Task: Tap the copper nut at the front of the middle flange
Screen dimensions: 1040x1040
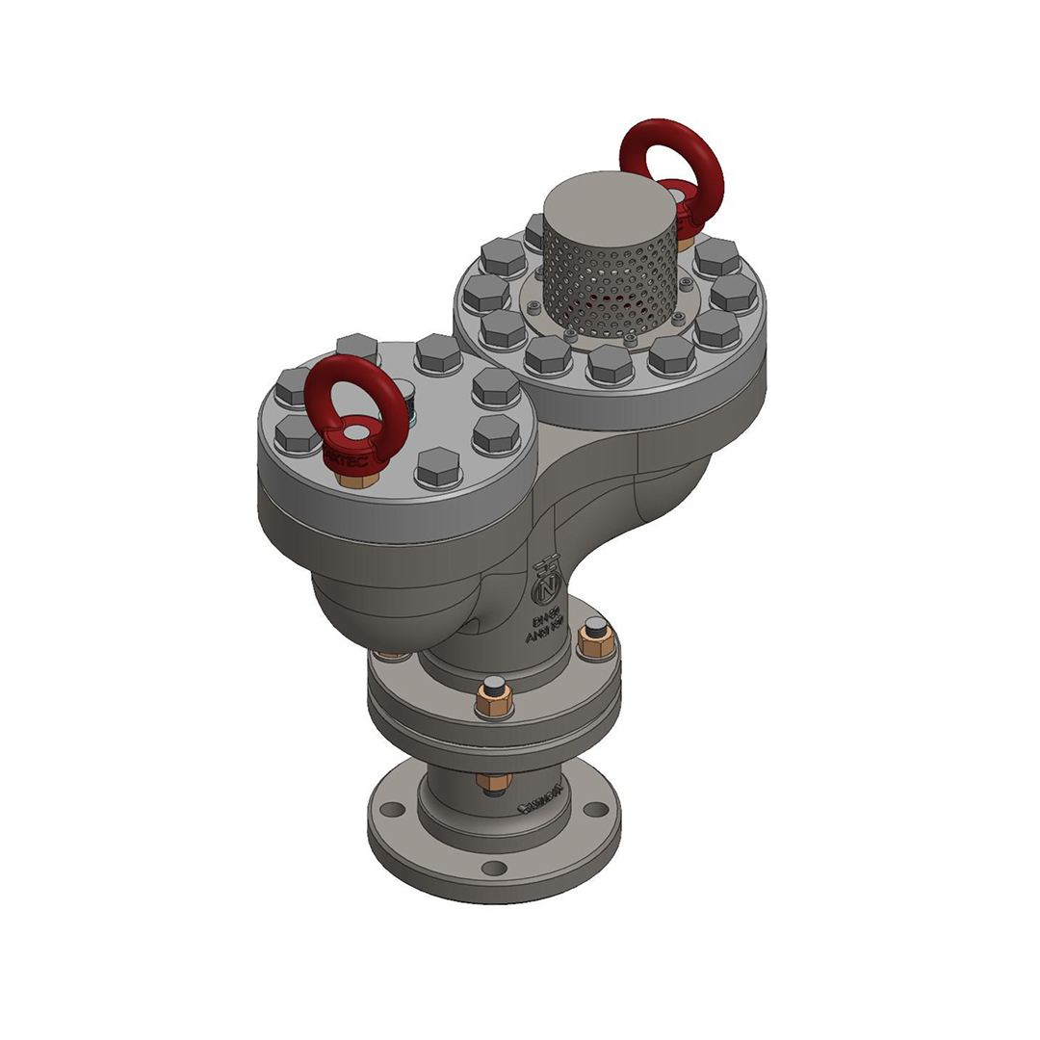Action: tap(493, 700)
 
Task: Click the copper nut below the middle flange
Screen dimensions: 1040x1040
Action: tap(493, 781)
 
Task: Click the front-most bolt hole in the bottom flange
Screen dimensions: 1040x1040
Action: tap(494, 868)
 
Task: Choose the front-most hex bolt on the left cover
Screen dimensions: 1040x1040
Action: tap(438, 467)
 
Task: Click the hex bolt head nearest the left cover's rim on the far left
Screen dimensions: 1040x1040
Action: tap(297, 435)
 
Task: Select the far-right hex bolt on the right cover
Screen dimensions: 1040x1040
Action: tap(734, 293)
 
